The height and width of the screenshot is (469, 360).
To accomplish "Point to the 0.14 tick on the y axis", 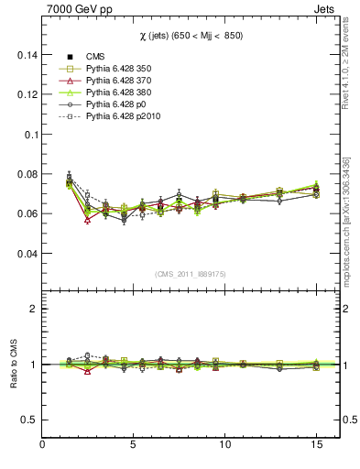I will point(25,55).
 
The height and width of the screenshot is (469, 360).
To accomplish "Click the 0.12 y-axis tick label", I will point(25,94).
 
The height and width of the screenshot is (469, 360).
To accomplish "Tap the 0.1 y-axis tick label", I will point(28,134).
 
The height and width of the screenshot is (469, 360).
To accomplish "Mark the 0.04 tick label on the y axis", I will point(25,254).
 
